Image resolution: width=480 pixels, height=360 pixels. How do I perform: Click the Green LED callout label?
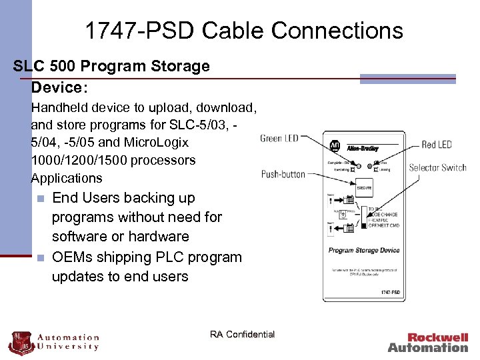[x=279, y=139]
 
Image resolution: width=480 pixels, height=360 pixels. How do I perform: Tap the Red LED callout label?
[x=437, y=145]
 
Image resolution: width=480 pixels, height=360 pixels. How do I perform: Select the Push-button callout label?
[x=283, y=175]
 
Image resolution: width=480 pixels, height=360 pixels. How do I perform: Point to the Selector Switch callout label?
[x=437, y=167]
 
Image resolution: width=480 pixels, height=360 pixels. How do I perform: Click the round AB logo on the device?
[x=335, y=147]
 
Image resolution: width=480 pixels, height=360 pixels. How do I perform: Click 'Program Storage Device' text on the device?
[x=363, y=251]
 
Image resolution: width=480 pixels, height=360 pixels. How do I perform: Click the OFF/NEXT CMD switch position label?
[x=383, y=225]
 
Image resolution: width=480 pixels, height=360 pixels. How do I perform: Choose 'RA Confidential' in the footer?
[x=242, y=334]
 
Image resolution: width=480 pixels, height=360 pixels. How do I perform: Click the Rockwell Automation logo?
[x=428, y=342]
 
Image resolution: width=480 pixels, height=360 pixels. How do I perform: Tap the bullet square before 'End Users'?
[x=41, y=199]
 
